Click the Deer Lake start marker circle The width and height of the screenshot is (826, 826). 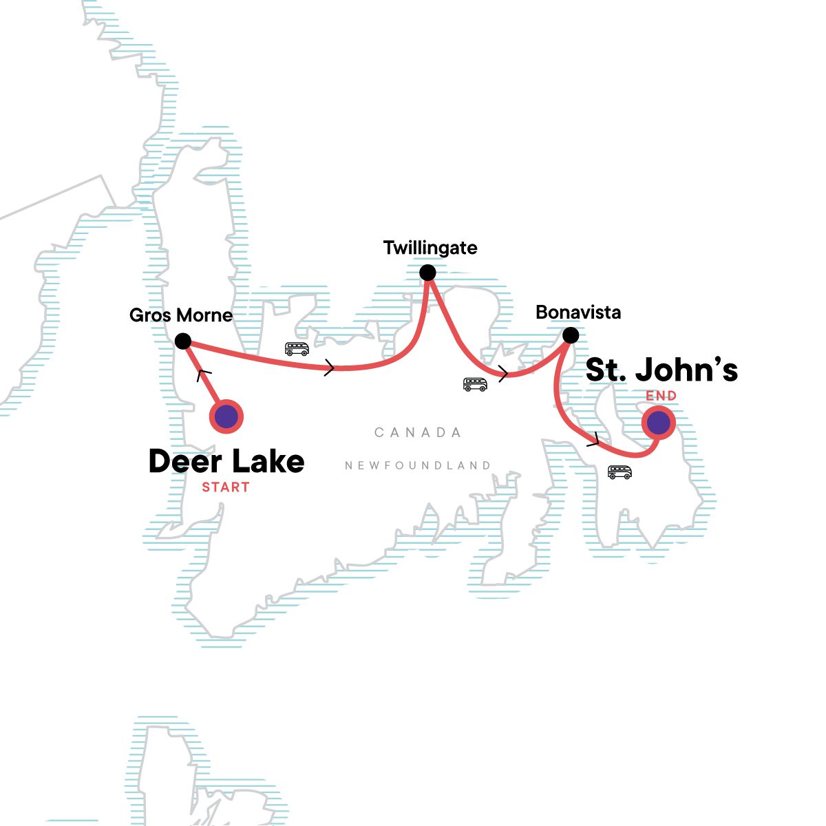coord(226,416)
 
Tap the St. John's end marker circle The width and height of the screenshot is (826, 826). coord(659,423)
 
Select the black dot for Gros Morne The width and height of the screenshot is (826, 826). coord(182,341)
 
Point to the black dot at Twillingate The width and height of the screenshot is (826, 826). coord(427,273)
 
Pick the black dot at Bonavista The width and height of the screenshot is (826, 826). coord(571,335)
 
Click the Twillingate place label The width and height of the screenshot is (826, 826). coord(430,248)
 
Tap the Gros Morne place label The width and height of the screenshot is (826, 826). coord(181,315)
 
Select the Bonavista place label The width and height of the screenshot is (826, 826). coord(578,313)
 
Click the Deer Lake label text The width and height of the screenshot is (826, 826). coord(226,461)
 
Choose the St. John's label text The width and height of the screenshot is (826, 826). coord(661,370)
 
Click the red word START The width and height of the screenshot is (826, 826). coord(226,487)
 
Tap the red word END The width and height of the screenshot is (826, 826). coord(661,396)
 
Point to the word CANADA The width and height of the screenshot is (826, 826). coord(418,433)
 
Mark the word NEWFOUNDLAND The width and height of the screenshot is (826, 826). coord(418,466)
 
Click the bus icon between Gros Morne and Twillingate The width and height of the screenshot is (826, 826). coord(297,349)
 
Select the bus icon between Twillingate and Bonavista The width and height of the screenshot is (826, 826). coord(475,384)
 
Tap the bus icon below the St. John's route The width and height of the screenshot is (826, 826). coord(619,472)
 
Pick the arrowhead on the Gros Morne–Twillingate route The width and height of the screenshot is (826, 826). coord(329,368)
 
